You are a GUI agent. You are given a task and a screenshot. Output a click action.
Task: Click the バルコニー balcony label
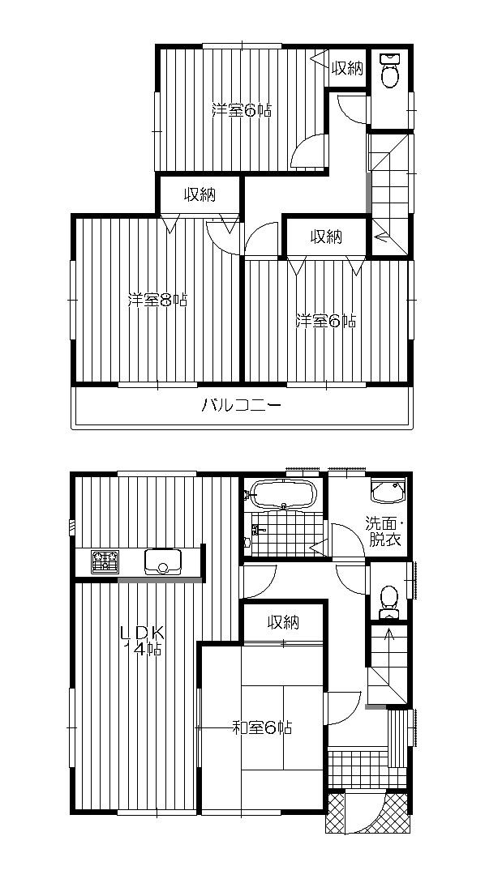tap(242, 405)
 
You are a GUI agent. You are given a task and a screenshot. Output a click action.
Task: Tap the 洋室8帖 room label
tap(157, 301)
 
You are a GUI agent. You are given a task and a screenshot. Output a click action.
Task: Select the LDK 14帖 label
tap(144, 639)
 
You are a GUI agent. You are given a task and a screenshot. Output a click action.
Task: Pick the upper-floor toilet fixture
tap(390, 70)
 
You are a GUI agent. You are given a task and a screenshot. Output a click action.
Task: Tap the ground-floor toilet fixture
tap(389, 595)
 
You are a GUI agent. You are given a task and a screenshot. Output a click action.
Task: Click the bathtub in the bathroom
tap(283, 494)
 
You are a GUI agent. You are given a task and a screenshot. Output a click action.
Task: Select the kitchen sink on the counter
tap(164, 561)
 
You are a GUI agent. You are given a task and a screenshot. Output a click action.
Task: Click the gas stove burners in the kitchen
tap(105, 561)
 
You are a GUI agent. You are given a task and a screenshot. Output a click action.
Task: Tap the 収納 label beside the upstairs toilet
tap(347, 69)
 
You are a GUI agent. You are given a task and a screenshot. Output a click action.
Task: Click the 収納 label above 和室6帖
tap(284, 622)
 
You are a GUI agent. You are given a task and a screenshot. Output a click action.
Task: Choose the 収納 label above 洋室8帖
tap(199, 194)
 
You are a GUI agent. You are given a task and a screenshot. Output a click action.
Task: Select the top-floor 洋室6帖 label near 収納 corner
tap(242, 110)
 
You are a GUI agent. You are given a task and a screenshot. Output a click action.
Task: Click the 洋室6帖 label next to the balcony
tap(325, 322)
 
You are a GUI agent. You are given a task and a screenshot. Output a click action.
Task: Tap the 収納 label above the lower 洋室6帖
tap(326, 237)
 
